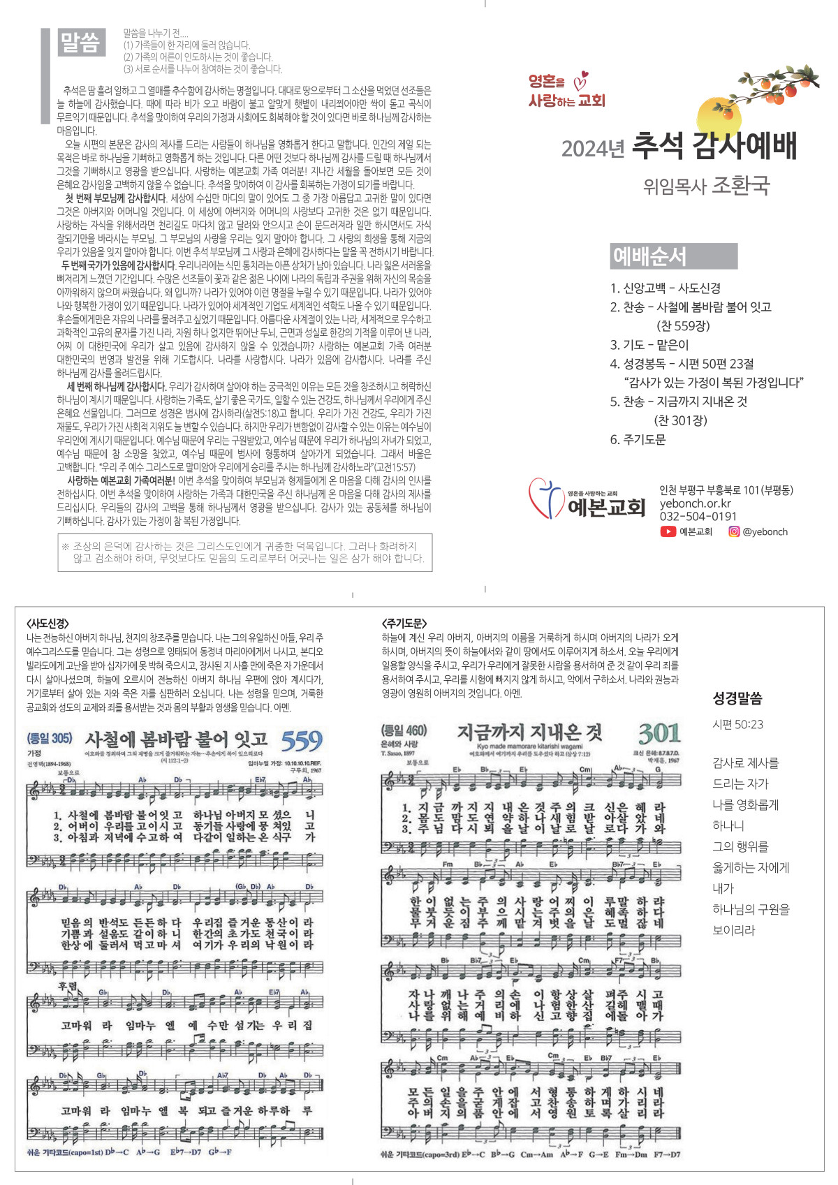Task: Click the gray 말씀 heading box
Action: [x=80, y=43]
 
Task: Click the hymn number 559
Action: [x=301, y=741]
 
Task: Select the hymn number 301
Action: [x=659, y=733]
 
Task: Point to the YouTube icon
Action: [x=668, y=531]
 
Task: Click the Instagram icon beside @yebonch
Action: [x=734, y=531]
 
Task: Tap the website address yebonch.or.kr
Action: [x=695, y=503]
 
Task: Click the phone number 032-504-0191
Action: [x=698, y=517]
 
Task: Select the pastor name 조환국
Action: [x=740, y=186]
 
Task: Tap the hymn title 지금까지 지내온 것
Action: [x=529, y=732]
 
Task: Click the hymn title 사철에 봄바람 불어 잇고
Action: [x=176, y=739]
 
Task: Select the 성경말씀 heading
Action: [x=737, y=698]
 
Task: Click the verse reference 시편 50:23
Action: [x=737, y=725]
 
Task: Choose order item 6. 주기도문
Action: [x=638, y=439]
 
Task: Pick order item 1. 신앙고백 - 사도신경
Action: [x=665, y=288]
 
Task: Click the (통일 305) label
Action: [x=50, y=738]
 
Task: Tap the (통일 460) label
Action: [x=404, y=731]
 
